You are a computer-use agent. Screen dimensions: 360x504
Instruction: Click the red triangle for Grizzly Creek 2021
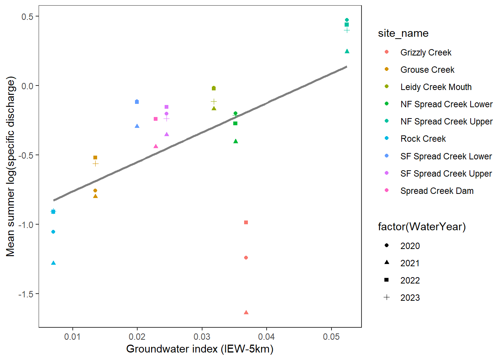click(x=246, y=312)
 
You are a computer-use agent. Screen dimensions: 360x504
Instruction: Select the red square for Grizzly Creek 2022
click(x=246, y=222)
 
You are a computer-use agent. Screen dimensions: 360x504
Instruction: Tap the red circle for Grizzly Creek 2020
click(x=246, y=258)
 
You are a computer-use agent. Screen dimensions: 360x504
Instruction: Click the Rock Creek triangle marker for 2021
click(x=53, y=263)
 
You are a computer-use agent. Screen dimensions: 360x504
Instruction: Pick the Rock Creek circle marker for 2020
click(x=53, y=232)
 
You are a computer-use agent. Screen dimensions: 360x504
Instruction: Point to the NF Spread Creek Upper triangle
click(x=347, y=51)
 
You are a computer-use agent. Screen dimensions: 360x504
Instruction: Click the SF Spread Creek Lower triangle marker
click(x=137, y=126)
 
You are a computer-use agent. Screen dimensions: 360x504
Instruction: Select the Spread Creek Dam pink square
click(x=156, y=119)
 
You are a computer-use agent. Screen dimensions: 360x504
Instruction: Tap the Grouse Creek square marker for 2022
click(x=95, y=157)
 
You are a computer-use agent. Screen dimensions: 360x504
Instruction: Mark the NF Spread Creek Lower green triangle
click(x=235, y=141)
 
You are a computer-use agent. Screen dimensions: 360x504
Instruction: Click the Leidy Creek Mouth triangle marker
click(x=214, y=109)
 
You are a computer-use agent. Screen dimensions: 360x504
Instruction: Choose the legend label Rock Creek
click(x=423, y=139)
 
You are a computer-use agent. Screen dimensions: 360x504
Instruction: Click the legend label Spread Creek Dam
click(x=437, y=191)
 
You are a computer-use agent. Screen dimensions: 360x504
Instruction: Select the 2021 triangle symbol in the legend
click(x=387, y=262)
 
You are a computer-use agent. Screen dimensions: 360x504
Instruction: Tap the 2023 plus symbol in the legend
click(x=387, y=297)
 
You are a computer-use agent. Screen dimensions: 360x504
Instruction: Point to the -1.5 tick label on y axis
click(x=25, y=294)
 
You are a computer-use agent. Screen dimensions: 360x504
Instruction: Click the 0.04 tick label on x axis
click(x=267, y=337)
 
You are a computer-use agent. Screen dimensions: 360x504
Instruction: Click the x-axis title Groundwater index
click(x=199, y=349)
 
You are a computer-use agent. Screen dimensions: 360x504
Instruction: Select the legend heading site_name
click(x=403, y=33)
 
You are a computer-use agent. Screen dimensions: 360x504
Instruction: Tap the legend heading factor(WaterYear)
click(x=422, y=227)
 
